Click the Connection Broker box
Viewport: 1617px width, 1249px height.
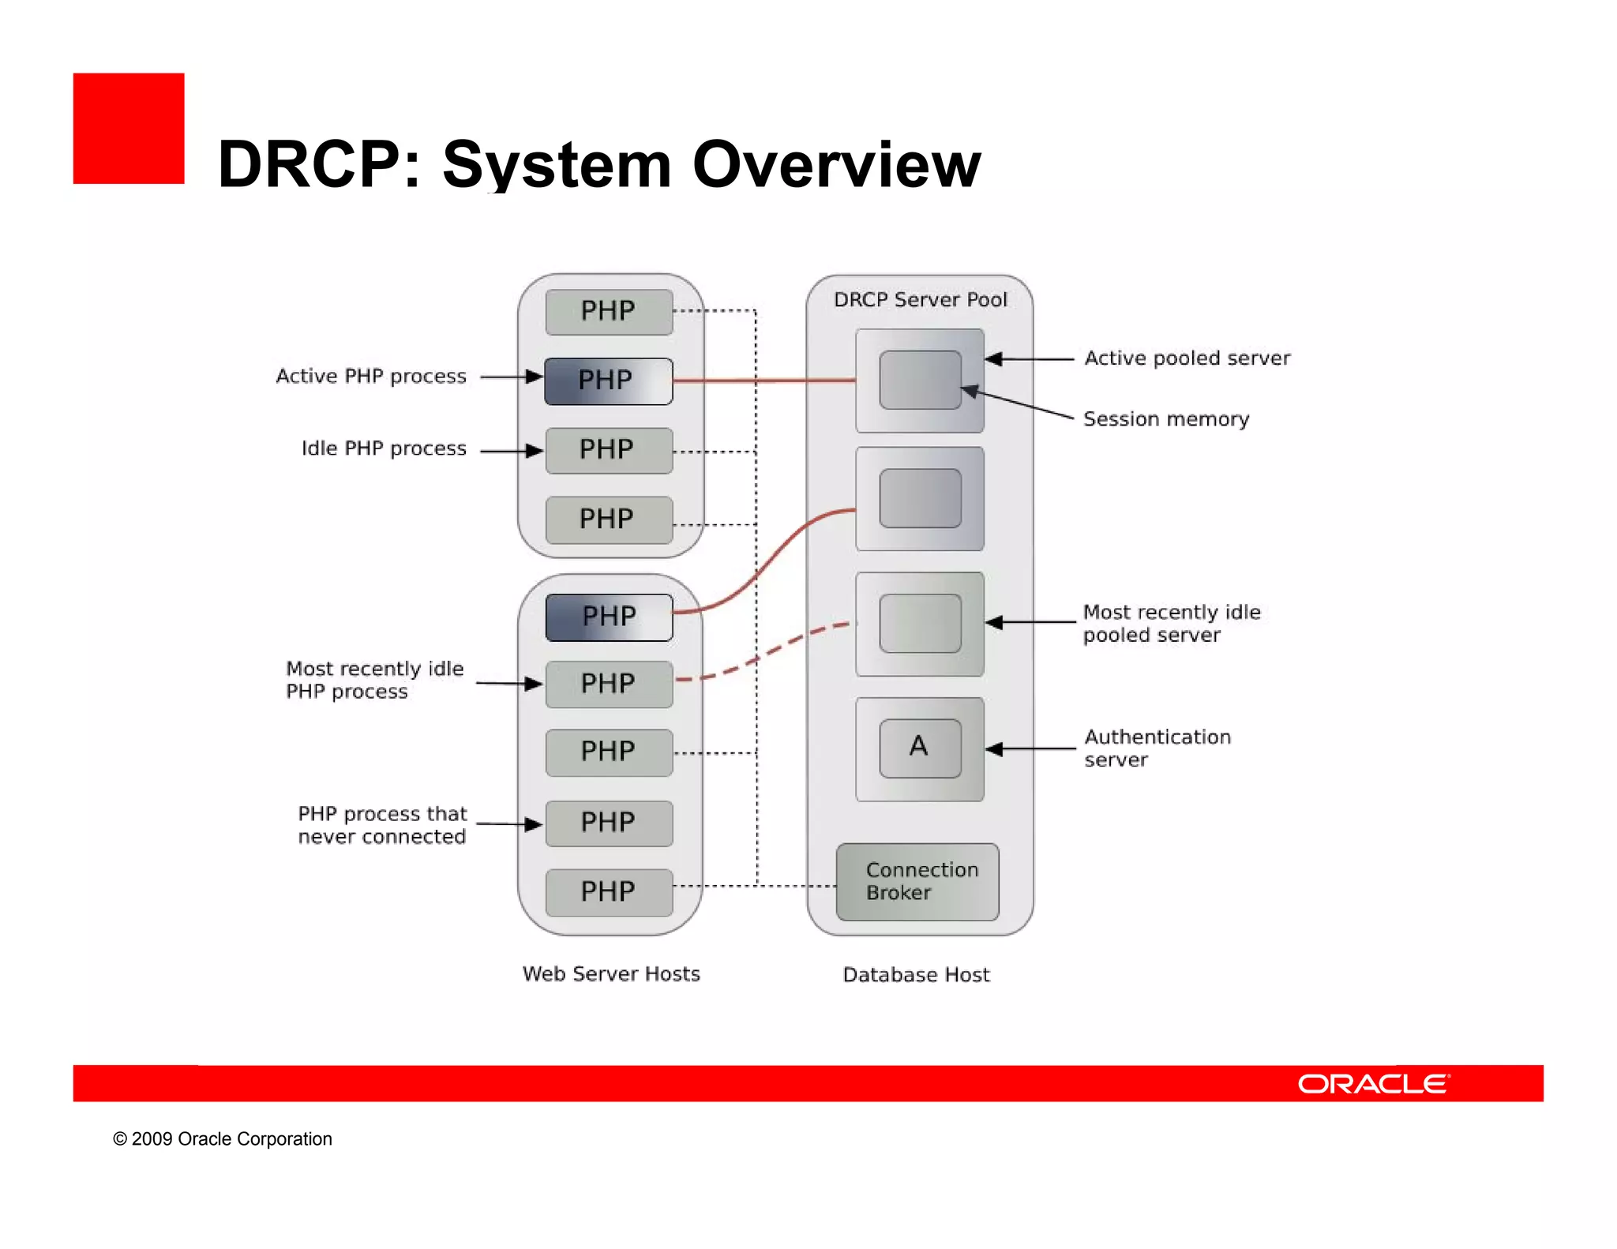(917, 881)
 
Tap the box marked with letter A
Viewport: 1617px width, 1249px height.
(920, 748)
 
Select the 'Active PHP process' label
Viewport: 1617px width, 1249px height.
(370, 377)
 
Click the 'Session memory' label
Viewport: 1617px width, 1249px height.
(1165, 419)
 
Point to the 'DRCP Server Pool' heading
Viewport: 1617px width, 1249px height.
(920, 300)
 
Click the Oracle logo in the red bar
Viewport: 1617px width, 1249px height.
(1373, 1083)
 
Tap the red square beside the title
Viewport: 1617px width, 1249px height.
(129, 129)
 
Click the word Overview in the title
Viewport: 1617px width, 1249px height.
(836, 165)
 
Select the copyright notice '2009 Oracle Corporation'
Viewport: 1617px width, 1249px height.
(223, 1138)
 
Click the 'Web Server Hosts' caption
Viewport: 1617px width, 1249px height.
(611, 974)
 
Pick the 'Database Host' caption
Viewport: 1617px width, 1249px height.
(916, 975)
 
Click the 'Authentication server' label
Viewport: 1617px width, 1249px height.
(1157, 748)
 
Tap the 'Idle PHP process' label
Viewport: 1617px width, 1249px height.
(384, 448)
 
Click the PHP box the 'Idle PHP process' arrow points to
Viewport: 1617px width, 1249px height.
(609, 450)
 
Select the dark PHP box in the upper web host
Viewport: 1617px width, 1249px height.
(609, 381)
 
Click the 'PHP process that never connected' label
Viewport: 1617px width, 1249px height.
(382, 825)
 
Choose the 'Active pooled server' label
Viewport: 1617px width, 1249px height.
(1187, 358)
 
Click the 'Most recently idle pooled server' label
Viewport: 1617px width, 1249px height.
(1171, 624)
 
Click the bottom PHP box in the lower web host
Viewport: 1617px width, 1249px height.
(609, 892)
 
